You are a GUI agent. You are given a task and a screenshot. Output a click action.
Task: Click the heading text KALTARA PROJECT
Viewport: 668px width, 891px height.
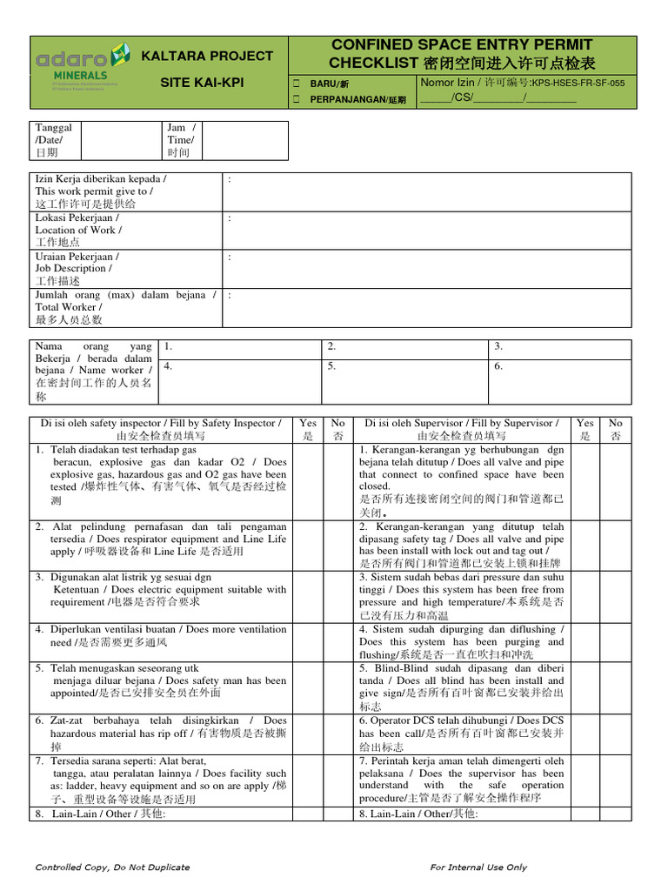click(x=208, y=56)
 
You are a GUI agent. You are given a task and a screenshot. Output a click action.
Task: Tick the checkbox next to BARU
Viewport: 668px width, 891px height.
click(x=297, y=84)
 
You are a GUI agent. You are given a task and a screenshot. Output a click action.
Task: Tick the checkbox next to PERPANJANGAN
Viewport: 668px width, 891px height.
click(x=297, y=99)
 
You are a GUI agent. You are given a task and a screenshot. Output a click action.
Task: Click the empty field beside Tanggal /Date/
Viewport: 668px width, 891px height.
click(x=121, y=140)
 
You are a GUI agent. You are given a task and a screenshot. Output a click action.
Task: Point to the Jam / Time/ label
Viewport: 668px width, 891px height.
click(x=182, y=140)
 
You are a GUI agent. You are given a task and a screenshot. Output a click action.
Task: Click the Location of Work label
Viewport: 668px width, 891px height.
click(x=78, y=230)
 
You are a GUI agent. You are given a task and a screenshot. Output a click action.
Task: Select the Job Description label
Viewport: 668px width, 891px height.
click(x=77, y=269)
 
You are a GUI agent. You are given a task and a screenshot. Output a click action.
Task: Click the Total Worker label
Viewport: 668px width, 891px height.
click(x=69, y=307)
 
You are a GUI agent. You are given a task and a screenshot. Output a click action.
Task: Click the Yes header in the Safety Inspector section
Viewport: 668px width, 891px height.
click(x=307, y=429)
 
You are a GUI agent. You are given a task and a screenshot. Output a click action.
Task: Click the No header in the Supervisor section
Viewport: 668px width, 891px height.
click(x=615, y=429)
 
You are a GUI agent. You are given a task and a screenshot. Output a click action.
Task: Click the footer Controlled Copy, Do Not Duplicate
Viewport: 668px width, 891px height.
click(x=112, y=868)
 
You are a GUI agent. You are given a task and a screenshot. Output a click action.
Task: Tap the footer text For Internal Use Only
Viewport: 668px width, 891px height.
click(x=478, y=868)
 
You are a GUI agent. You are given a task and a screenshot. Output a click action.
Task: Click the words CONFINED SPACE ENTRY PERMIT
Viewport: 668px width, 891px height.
click(x=462, y=44)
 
